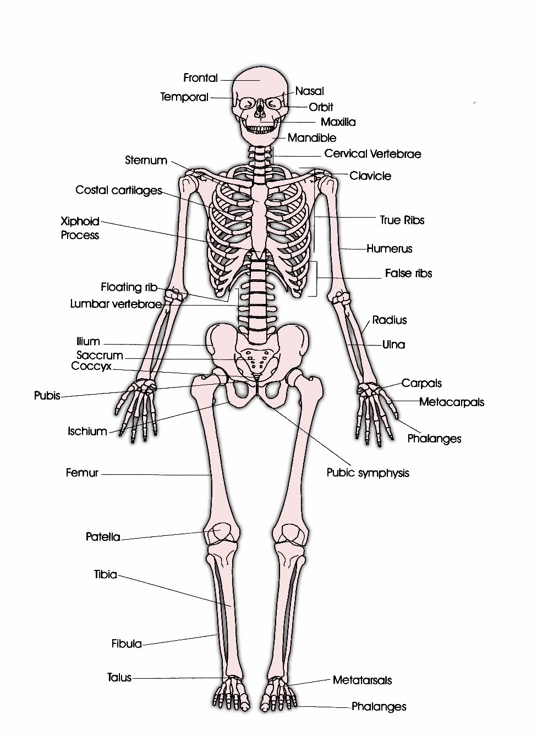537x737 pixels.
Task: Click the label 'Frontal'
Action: coord(200,78)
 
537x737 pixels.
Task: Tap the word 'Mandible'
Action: coord(311,138)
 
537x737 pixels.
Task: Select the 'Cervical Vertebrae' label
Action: coord(372,154)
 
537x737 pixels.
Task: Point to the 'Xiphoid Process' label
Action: coord(80,228)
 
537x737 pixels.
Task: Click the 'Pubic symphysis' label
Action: coord(368,473)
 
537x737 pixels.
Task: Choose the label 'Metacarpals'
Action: coord(452,402)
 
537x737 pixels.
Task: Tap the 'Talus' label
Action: coord(119,678)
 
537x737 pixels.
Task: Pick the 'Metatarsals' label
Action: coord(362,680)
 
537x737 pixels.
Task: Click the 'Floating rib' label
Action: coord(129,287)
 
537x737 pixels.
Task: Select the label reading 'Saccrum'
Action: coord(100,355)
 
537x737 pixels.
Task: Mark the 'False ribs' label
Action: coord(408,273)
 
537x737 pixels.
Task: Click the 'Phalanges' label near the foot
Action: coord(379,707)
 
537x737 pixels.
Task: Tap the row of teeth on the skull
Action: coord(260,130)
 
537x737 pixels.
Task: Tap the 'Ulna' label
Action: coord(393,345)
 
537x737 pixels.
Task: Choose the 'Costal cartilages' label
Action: coord(119,190)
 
